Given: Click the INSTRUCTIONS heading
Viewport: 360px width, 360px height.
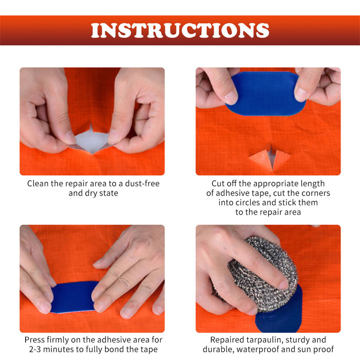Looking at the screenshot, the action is [180, 30].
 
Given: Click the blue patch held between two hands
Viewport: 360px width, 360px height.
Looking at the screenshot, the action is [265, 94].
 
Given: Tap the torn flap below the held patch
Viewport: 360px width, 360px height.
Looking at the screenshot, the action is [270, 158].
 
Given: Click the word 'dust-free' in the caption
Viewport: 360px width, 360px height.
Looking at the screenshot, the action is [142, 184].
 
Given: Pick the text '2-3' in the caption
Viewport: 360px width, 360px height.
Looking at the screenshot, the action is [35, 349].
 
